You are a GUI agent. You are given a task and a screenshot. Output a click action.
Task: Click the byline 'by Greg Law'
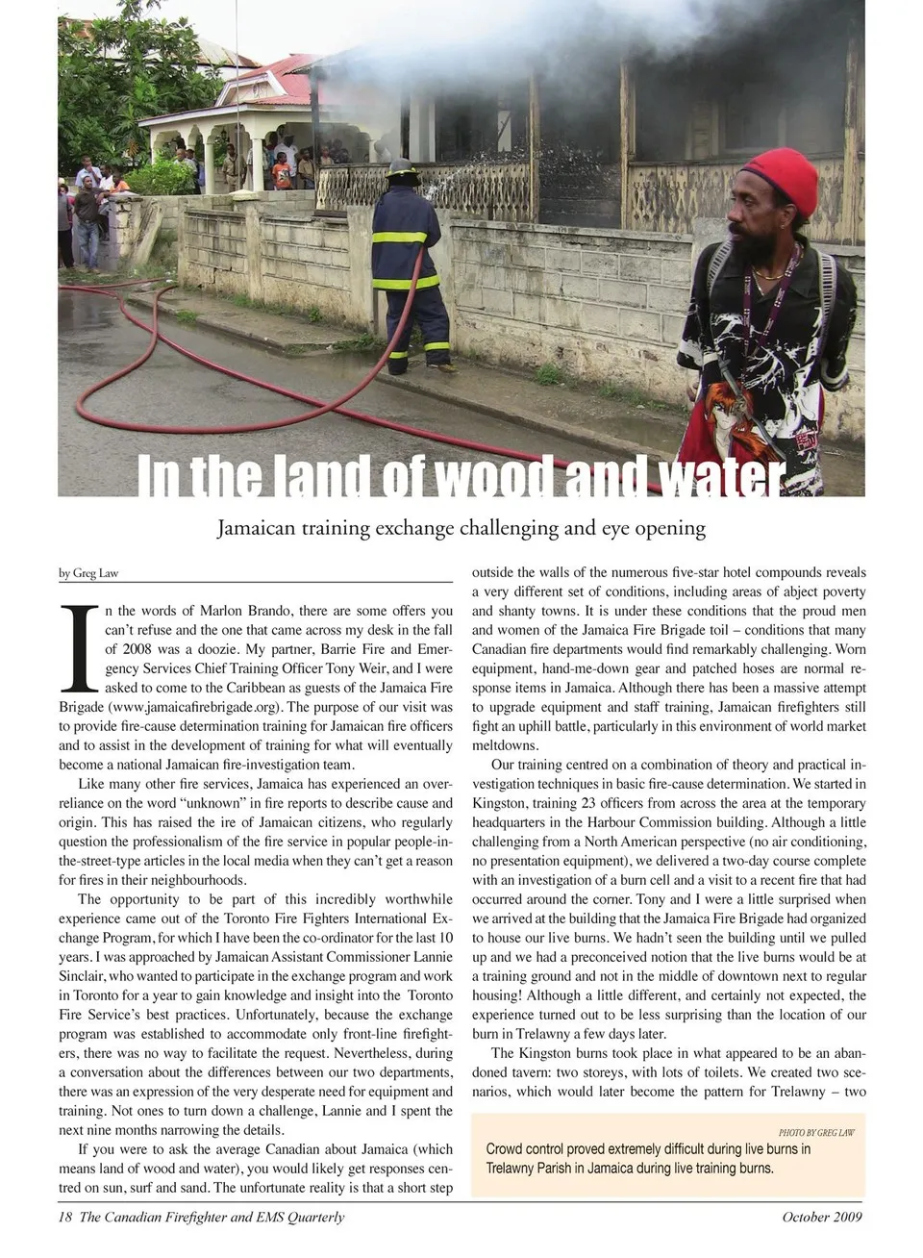pos(88,573)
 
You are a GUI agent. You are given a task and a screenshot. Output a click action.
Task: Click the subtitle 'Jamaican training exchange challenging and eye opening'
pos(461,528)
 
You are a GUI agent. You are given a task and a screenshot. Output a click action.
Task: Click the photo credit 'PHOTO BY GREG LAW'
pos(816,1132)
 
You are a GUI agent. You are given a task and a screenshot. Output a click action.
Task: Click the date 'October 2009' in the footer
pos(822,1218)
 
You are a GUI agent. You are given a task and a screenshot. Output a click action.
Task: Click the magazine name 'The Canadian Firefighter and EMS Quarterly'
pos(212,1218)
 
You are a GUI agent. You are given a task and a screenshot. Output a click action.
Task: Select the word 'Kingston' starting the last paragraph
pos(545,1053)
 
